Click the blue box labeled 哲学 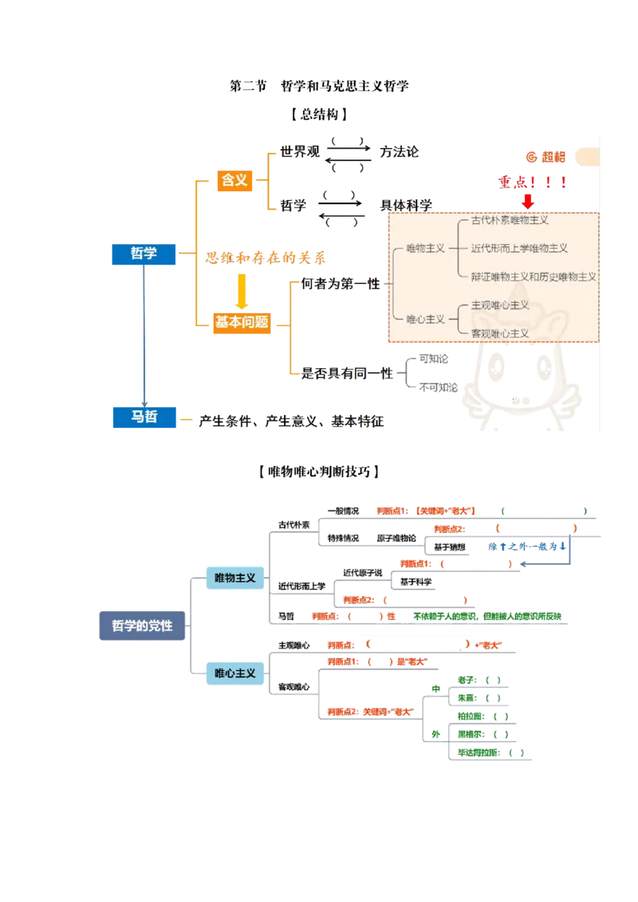[144, 253]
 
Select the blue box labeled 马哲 [144, 414]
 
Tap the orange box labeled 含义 [234, 180]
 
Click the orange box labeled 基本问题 [242, 322]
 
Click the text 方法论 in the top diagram [400, 151]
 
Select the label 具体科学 [406, 205]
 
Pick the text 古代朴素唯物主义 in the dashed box [510, 220]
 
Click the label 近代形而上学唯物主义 [519, 249]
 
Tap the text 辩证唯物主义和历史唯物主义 [534, 276]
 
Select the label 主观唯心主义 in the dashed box [500, 305]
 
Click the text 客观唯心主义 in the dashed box [500, 333]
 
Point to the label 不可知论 [438, 387]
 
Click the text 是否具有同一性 [348, 372]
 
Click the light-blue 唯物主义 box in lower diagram [235, 577]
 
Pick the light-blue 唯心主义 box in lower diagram [235, 673]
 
